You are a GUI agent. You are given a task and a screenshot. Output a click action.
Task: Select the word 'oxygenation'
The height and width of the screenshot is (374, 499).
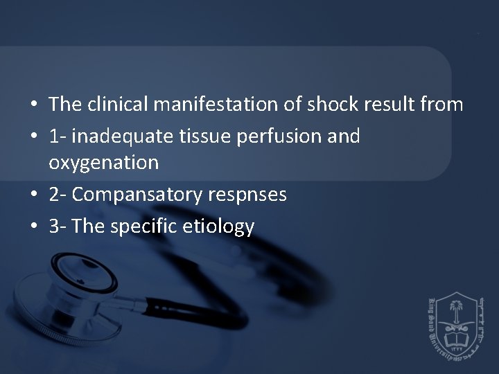coord(104,163)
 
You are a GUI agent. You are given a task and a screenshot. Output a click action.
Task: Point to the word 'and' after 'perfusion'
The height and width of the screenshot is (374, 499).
coord(344,137)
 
